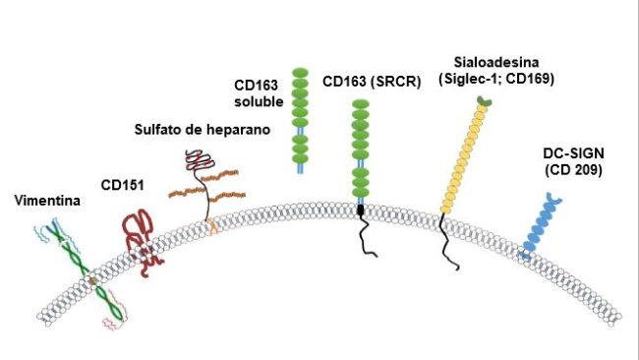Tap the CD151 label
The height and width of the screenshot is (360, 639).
coord(123,183)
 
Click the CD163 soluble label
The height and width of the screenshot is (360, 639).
coord(259,93)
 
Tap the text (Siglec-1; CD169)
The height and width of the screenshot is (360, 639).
coord(498,78)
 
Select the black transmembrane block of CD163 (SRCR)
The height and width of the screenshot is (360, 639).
coord(361,210)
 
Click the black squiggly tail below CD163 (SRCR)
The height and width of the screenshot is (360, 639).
coord(364,236)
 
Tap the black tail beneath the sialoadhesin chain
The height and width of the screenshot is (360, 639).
coord(446,241)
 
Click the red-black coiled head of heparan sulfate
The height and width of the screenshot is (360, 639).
coord(196,160)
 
